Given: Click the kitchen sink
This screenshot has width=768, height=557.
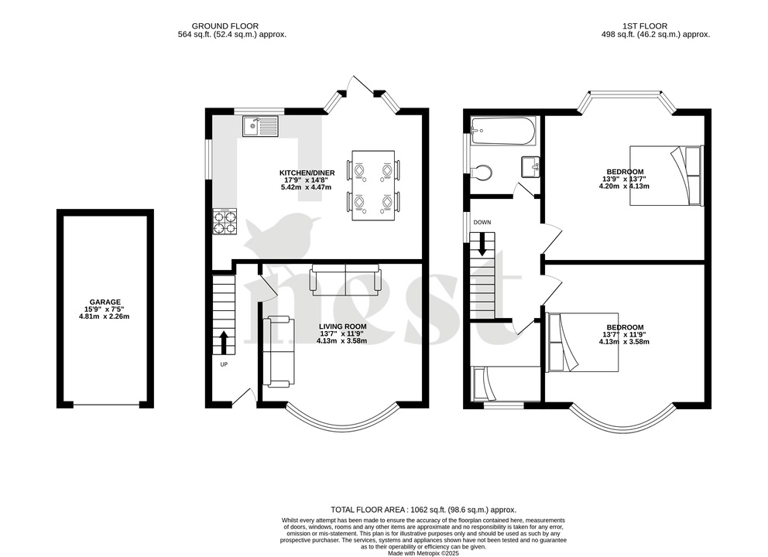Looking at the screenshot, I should [259, 125].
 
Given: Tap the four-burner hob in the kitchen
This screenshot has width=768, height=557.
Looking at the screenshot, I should [224, 221].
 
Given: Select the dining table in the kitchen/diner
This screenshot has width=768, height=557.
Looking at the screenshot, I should [373, 185].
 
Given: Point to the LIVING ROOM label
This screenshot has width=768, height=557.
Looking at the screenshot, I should [342, 326].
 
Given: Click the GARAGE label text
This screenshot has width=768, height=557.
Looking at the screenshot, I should [105, 302].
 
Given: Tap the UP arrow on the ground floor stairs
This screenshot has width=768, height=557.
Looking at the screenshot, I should [224, 341].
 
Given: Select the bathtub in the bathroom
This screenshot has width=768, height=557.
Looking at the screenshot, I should [502, 132].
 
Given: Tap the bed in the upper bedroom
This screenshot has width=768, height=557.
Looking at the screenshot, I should [665, 176].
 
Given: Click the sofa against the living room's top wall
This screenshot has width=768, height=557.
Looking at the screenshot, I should [345, 279].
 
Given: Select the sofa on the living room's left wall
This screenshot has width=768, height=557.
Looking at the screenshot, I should [278, 351].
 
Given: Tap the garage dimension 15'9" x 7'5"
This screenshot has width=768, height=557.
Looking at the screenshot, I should [105, 309].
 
